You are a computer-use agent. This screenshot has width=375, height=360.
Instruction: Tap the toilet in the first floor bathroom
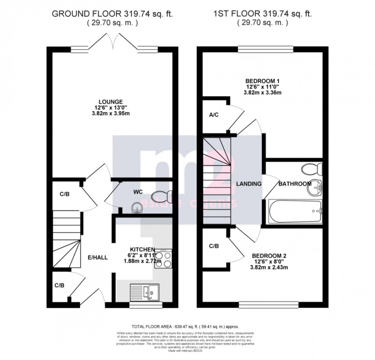coord(313,169)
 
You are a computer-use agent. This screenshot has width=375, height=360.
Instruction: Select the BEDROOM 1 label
coord(262,81)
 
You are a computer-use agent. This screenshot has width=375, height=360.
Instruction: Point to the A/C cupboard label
coord(214,115)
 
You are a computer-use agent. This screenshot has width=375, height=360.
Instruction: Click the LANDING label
coord(248,184)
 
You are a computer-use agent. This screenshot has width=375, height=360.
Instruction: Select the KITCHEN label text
coord(142,249)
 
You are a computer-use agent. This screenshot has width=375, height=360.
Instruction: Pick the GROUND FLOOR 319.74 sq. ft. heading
coord(112,14)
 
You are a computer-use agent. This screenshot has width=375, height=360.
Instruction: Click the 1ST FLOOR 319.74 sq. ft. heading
coord(263,14)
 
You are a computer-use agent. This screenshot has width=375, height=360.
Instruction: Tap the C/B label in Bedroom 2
coord(214,246)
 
